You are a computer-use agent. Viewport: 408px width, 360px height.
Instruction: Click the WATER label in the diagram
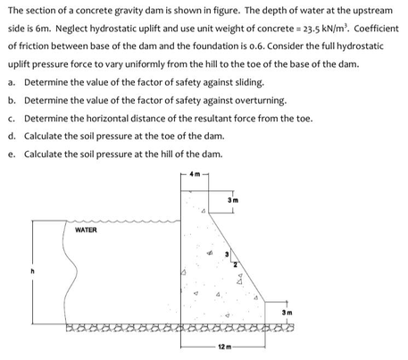87,230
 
